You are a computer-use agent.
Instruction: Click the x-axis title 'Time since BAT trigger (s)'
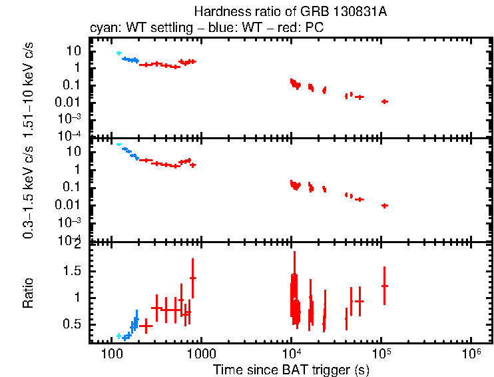(x=291, y=369)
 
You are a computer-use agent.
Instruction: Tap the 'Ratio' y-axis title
(x=29, y=293)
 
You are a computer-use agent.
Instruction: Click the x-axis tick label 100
(x=111, y=353)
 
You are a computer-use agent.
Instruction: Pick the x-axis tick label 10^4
(x=291, y=352)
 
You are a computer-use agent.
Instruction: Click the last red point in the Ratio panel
(x=384, y=286)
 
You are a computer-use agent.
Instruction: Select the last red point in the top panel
(x=384, y=101)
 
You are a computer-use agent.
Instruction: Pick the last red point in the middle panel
(x=384, y=205)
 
